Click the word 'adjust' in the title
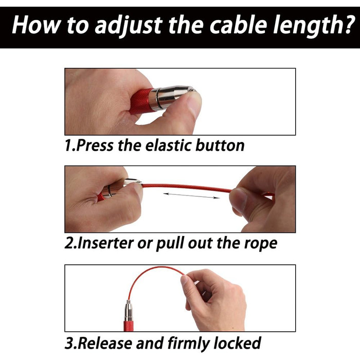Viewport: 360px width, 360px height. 129,25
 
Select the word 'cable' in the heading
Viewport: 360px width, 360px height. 238,24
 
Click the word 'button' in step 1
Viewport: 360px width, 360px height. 220,146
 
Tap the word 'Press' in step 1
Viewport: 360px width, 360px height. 95,146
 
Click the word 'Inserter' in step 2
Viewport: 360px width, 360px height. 105,243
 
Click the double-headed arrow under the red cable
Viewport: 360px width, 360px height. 191,195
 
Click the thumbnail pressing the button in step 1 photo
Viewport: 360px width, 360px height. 194,105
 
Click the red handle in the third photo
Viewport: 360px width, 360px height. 128,326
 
